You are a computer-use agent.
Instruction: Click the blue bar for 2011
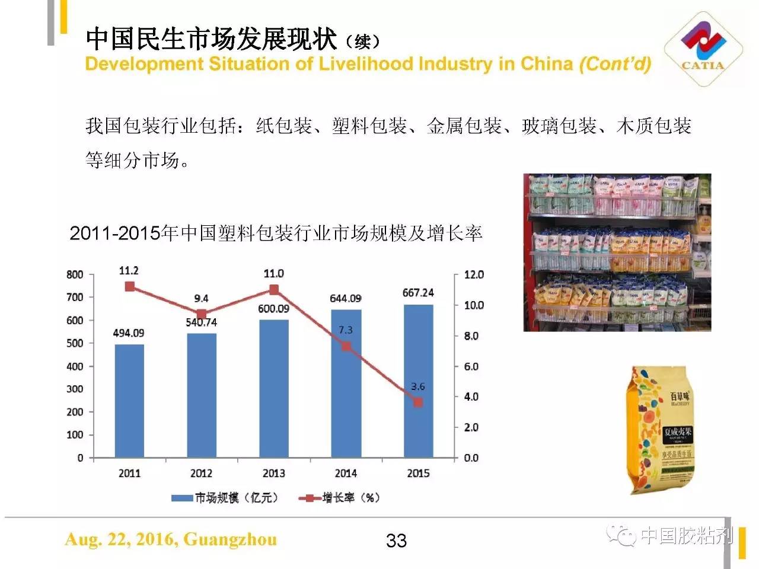129,401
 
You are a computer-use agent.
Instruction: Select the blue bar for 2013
273,388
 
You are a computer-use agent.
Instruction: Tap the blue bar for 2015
418,381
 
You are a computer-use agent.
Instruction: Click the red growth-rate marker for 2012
202,315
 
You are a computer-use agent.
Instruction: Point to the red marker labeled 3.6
418,402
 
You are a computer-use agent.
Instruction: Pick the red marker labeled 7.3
346,346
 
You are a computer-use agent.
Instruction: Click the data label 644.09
346,298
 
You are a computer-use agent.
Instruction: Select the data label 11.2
129,271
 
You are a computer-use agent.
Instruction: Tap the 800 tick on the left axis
75,274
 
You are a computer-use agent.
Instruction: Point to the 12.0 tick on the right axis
474,274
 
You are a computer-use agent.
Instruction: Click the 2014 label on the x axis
346,474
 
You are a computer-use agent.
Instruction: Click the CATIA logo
703,49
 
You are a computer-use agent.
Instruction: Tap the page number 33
396,541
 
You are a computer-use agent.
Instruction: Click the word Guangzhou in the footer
230,539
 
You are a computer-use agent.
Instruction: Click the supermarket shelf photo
617,252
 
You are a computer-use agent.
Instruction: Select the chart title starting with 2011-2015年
276,234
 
